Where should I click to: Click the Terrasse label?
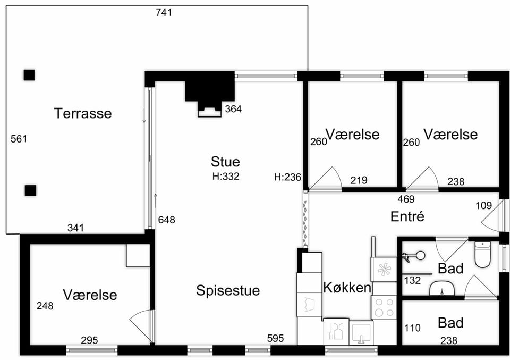(x=83, y=113)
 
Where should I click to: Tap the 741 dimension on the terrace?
(x=164, y=12)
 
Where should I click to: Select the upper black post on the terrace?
(x=29, y=75)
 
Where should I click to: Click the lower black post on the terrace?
(x=31, y=190)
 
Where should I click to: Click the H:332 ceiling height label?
(x=226, y=176)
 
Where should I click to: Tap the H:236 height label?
(x=287, y=177)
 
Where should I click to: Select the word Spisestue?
(x=228, y=290)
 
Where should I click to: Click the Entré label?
(x=407, y=216)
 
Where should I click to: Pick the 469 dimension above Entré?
(x=406, y=199)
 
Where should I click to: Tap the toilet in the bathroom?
(x=482, y=254)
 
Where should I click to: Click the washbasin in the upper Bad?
(x=442, y=288)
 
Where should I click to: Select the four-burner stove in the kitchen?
(x=384, y=307)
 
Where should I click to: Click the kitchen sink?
(x=361, y=333)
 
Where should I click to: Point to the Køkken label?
(x=347, y=288)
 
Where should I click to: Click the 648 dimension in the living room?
(x=166, y=220)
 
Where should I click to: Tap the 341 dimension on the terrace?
(x=75, y=228)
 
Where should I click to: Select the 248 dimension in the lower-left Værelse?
(x=45, y=306)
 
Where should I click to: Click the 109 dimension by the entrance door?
(x=483, y=205)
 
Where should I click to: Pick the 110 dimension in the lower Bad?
(x=412, y=328)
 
